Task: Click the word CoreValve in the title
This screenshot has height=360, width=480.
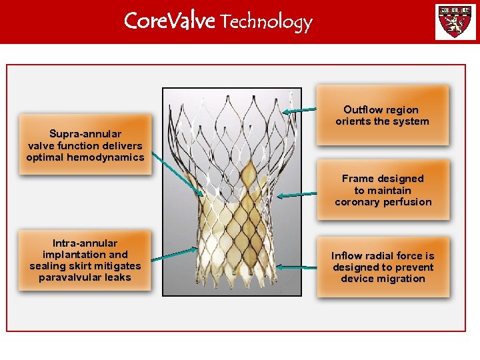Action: click(x=169, y=21)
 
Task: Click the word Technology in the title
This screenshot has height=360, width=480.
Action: click(x=266, y=23)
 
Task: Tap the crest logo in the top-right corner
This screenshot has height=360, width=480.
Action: click(x=455, y=22)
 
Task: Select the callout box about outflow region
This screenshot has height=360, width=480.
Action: click(x=383, y=115)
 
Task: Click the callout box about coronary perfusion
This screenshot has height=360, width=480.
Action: click(x=383, y=190)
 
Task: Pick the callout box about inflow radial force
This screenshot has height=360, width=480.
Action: click(x=383, y=267)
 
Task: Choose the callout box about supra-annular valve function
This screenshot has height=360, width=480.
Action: click(x=85, y=145)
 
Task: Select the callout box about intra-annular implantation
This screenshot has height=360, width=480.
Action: click(x=85, y=261)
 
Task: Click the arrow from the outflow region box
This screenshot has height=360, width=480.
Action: click(x=299, y=111)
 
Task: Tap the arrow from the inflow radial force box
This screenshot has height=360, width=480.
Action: click(x=298, y=267)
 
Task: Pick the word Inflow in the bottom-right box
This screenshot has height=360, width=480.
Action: click(x=347, y=255)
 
